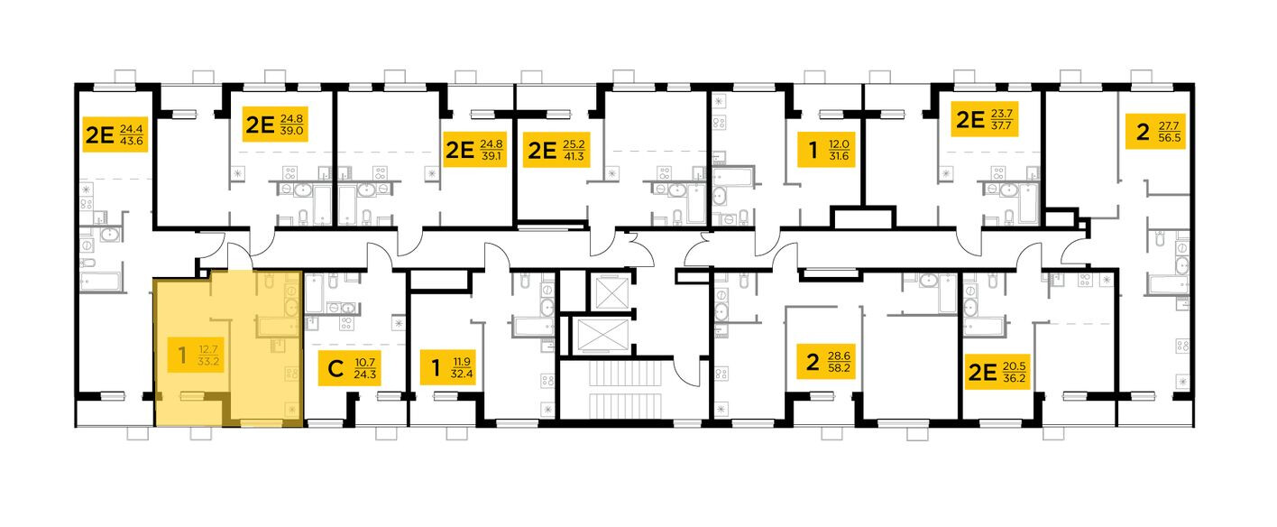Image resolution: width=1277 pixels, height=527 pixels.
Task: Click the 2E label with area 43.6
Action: tap(115, 134)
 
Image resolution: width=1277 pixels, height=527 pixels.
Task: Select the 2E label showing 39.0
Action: tap(275, 125)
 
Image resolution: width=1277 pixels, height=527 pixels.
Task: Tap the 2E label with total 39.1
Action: tap(475, 150)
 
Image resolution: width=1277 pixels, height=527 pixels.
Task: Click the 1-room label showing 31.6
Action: tap(826, 150)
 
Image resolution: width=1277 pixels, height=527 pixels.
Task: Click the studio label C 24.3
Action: tap(349, 368)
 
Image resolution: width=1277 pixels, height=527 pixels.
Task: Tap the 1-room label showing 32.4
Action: tap(447, 367)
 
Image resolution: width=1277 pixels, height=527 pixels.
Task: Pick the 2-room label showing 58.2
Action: tap(825, 362)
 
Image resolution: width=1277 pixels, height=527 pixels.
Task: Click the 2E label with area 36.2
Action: tap(997, 372)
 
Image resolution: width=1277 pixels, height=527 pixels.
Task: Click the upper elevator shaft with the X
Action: tap(611, 292)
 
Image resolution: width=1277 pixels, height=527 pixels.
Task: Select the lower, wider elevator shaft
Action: tap(603, 336)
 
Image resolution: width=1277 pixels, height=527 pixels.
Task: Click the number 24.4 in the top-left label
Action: tap(131, 129)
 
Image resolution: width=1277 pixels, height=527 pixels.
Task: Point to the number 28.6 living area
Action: tap(839, 356)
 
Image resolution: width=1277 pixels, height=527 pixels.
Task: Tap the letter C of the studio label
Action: tap(335, 368)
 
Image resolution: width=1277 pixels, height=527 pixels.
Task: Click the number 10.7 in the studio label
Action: tap(365, 362)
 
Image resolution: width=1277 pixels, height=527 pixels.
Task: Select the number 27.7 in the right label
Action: tap(1170, 125)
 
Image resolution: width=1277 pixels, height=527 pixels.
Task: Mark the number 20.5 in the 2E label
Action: tap(1015, 365)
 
